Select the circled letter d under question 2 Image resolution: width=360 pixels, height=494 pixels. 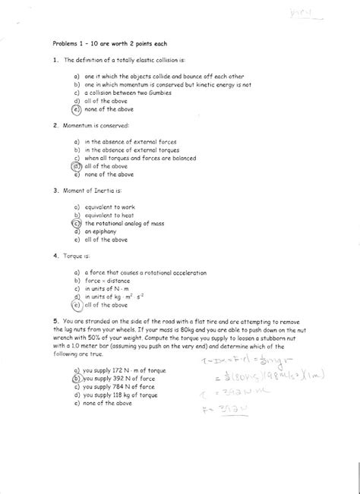pyautogui.click(x=77, y=165)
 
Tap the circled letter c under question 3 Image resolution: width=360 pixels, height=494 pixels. pyautogui.click(x=77, y=224)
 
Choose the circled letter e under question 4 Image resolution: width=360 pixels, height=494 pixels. pyautogui.click(x=77, y=305)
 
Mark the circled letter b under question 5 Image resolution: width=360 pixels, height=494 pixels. pyautogui.click(x=77, y=376)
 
